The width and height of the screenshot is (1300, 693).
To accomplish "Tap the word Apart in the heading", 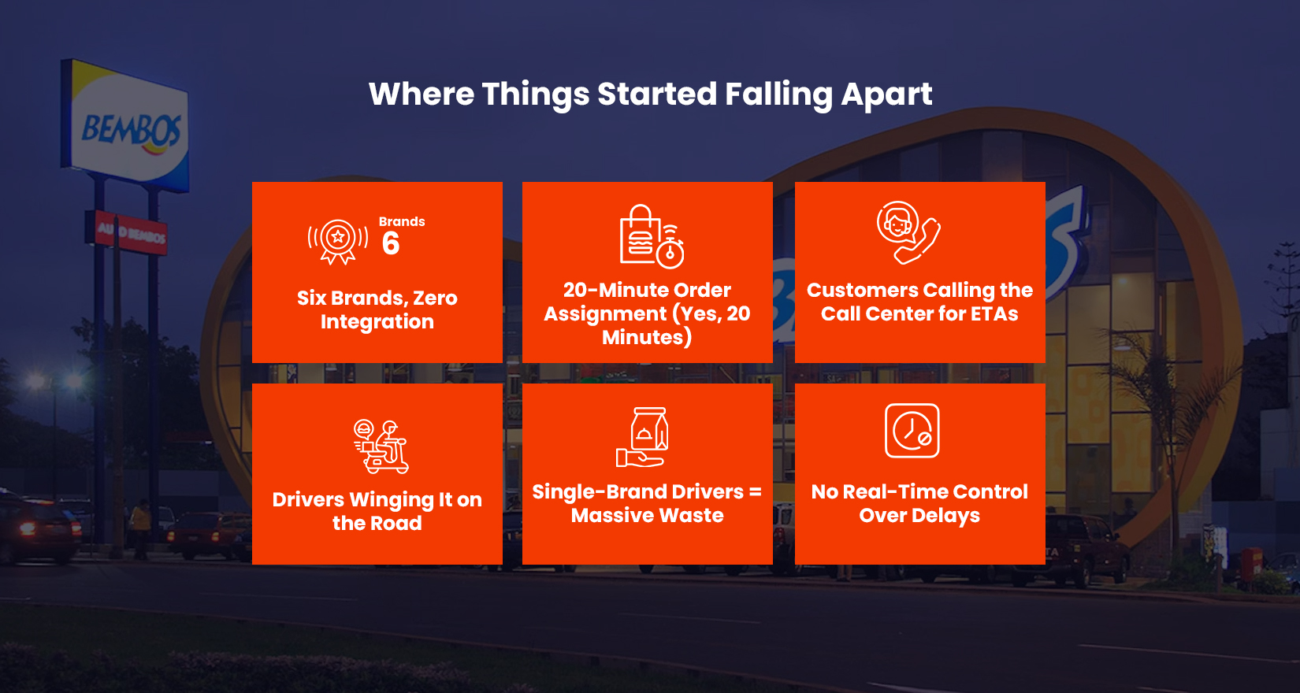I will (x=886, y=94).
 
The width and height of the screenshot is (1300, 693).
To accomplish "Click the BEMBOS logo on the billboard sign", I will (x=131, y=131).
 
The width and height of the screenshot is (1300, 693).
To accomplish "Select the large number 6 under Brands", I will (x=391, y=244).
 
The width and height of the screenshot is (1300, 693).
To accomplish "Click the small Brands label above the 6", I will (x=402, y=222).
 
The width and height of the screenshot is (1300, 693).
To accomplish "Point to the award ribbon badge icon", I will (x=338, y=240).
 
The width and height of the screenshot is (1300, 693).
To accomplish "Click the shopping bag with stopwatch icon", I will (x=651, y=236).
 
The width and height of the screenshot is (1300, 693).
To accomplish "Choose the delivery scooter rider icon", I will (x=381, y=447).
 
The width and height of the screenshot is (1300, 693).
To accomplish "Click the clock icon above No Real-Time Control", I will (x=912, y=431).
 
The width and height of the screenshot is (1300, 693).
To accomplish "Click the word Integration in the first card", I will (x=377, y=322).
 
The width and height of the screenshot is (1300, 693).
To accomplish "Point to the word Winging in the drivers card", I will (x=392, y=500).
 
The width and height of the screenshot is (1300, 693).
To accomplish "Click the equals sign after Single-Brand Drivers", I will (x=755, y=492).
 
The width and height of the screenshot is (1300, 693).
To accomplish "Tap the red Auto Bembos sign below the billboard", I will (x=131, y=233).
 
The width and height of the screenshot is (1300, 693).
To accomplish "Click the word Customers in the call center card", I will (x=862, y=291).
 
